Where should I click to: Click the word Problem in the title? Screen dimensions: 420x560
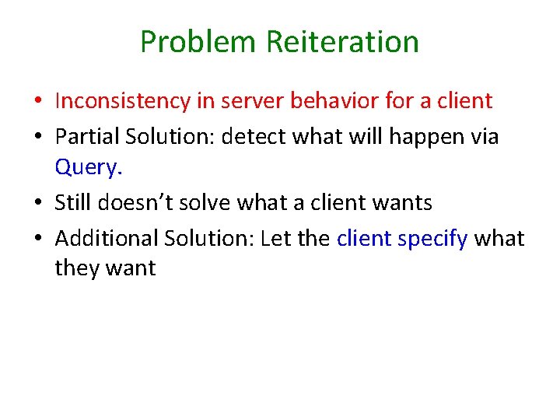pos(198,42)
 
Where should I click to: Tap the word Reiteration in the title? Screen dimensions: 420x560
pos(342,42)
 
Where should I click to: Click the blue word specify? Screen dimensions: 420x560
pos(432,237)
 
